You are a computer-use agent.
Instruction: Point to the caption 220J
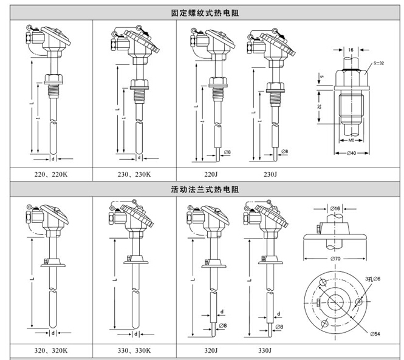pos(210,175)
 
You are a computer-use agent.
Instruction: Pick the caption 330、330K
pos(134,350)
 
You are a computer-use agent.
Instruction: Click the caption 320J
pos(210,350)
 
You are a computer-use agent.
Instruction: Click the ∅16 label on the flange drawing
pos(337,208)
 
